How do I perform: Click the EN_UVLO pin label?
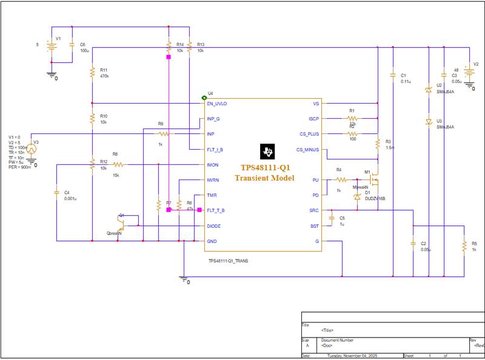point(217,104)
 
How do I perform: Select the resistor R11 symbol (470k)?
point(92,73)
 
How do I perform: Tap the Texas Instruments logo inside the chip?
point(267,151)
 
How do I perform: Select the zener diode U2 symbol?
point(429,90)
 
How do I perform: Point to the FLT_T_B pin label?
point(216,210)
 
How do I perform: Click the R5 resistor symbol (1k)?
point(464,246)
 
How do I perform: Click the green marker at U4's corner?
point(204,98)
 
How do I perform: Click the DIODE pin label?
point(213,226)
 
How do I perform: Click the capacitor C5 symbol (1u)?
point(332,218)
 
